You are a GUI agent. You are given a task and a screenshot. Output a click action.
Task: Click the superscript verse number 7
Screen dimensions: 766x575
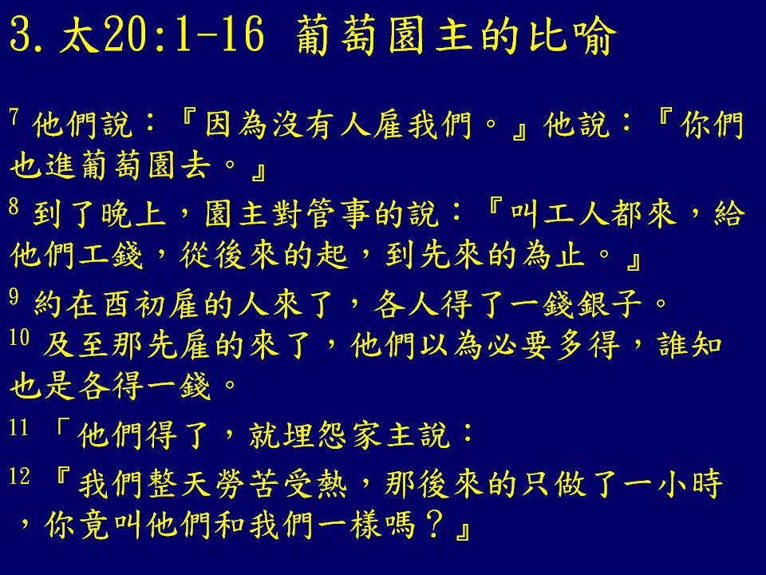14,117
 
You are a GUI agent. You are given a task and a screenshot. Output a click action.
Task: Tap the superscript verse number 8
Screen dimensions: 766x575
14,206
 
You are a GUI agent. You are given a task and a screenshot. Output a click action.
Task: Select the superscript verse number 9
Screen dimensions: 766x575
14,295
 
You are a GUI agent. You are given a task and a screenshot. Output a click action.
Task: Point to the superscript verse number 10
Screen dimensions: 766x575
19,337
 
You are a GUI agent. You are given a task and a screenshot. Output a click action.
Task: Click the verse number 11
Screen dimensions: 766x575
19,428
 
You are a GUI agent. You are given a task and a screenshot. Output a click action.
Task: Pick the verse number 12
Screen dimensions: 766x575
19,476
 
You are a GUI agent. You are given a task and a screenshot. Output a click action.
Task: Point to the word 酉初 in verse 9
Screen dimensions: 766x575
134,303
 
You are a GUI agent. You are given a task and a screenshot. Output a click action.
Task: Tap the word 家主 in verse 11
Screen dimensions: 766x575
384,435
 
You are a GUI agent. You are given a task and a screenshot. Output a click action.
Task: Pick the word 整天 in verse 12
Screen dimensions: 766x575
180,484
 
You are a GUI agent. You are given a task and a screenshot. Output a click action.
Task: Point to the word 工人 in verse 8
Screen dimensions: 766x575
575,214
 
